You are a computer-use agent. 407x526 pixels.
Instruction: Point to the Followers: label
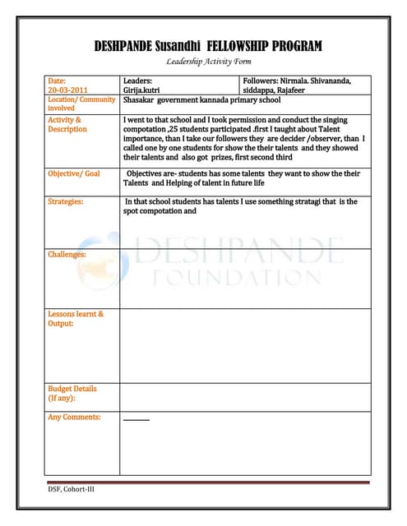pyautogui.click(x=263, y=81)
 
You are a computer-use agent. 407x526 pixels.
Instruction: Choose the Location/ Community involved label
pyautogui.click(x=81, y=104)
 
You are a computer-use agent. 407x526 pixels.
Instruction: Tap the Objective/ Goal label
pyautogui.click(x=74, y=174)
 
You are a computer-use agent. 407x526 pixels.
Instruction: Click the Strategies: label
pyautogui.click(x=66, y=201)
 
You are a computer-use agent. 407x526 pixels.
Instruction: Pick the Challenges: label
pyautogui.click(x=67, y=255)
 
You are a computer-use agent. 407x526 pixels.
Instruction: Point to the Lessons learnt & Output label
pyautogui.click(x=76, y=318)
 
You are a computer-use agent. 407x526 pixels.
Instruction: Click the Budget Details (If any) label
pyautogui.click(x=72, y=393)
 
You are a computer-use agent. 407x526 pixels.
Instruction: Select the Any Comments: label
pyautogui.click(x=74, y=418)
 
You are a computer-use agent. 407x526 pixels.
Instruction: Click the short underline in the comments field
pyautogui.click(x=136, y=420)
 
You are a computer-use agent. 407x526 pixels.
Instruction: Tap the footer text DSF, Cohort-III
pyautogui.click(x=72, y=491)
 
